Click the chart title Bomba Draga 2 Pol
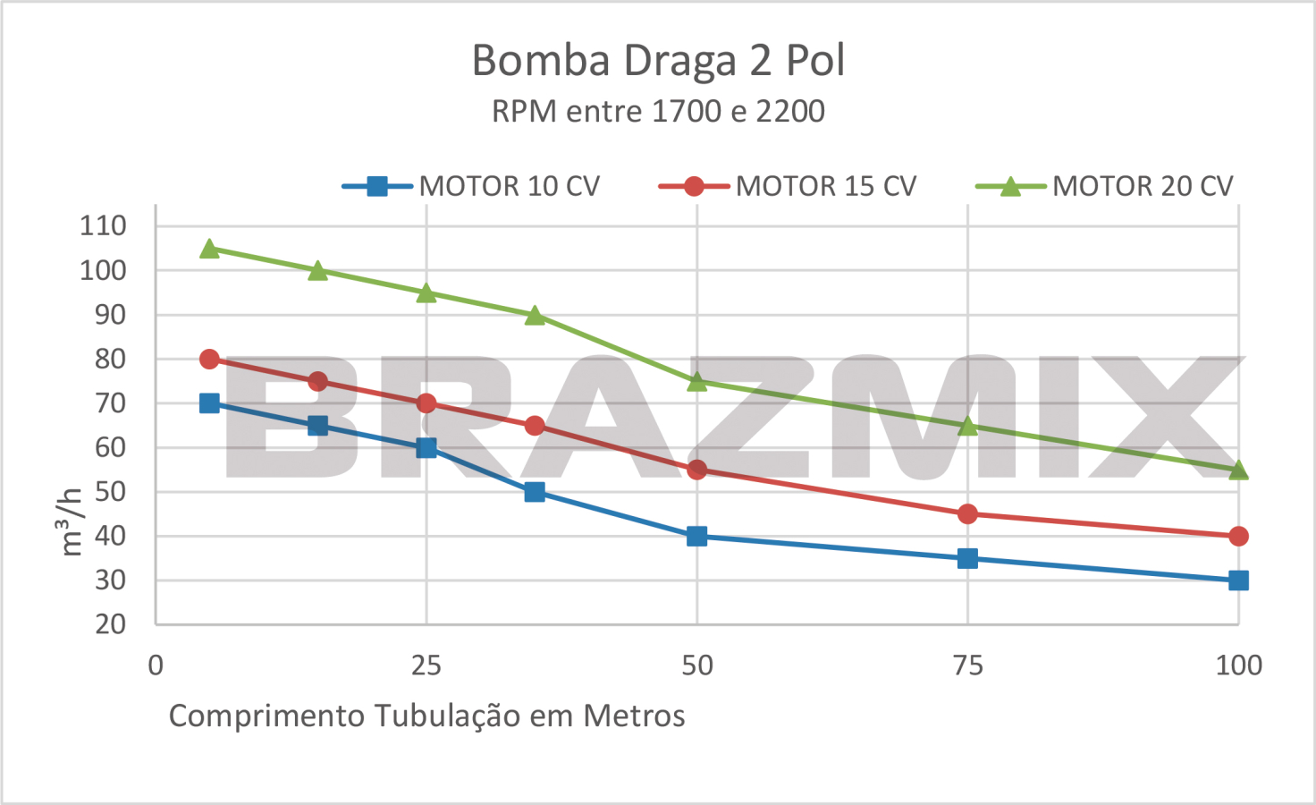[x=658, y=61]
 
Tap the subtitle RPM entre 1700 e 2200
[x=658, y=112]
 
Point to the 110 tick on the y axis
[x=103, y=225]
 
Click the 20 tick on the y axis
[x=111, y=624]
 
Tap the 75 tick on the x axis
[x=967, y=665]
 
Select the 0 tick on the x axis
[x=156, y=665]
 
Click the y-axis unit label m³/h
[x=71, y=522]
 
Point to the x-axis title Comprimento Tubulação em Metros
[x=426, y=716]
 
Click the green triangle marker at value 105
[x=209, y=248]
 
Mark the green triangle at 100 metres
[x=1238, y=470]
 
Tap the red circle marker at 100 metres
[x=1238, y=536]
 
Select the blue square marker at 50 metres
[x=697, y=536]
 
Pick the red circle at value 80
[x=209, y=359]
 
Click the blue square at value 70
[x=209, y=403]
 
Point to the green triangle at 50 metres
[x=697, y=381]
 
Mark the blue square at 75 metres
[x=967, y=558]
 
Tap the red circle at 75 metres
[x=967, y=513]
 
